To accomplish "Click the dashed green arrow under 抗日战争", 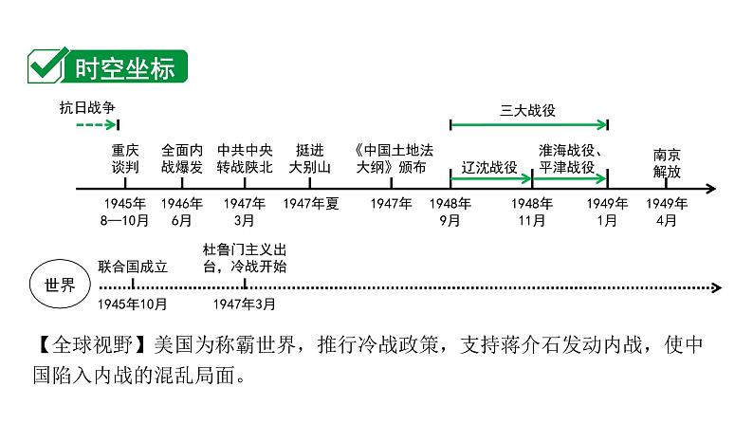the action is point(96,124).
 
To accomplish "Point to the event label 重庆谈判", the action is point(125,157).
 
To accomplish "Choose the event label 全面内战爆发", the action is point(182,157).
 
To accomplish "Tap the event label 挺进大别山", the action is point(310,157).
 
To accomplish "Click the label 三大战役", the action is point(527,110).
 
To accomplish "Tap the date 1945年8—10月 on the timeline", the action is point(125,212).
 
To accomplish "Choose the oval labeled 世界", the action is point(60,286).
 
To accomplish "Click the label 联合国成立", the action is point(132,267).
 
